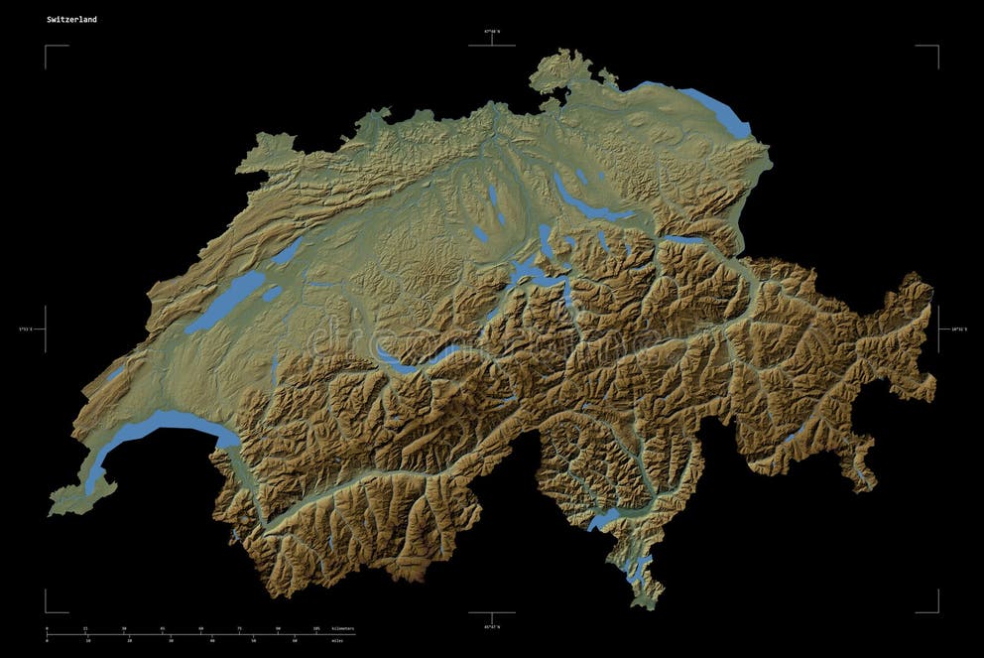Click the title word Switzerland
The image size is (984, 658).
[71, 19]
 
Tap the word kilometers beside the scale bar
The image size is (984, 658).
[343, 629]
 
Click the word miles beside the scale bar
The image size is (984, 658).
[338, 641]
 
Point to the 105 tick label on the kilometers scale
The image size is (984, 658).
[316, 629]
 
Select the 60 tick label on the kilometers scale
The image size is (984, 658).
[200, 629]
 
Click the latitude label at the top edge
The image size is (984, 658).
[492, 32]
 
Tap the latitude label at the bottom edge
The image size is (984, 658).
[492, 627]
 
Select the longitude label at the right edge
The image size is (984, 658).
[958, 329]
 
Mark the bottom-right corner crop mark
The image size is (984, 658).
[937, 612]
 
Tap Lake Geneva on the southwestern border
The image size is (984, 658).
[159, 430]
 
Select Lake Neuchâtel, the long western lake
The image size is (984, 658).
[223, 302]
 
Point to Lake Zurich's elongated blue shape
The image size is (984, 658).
[595, 205]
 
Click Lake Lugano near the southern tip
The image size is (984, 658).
[641, 568]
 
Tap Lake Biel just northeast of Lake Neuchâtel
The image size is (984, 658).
[288, 251]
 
